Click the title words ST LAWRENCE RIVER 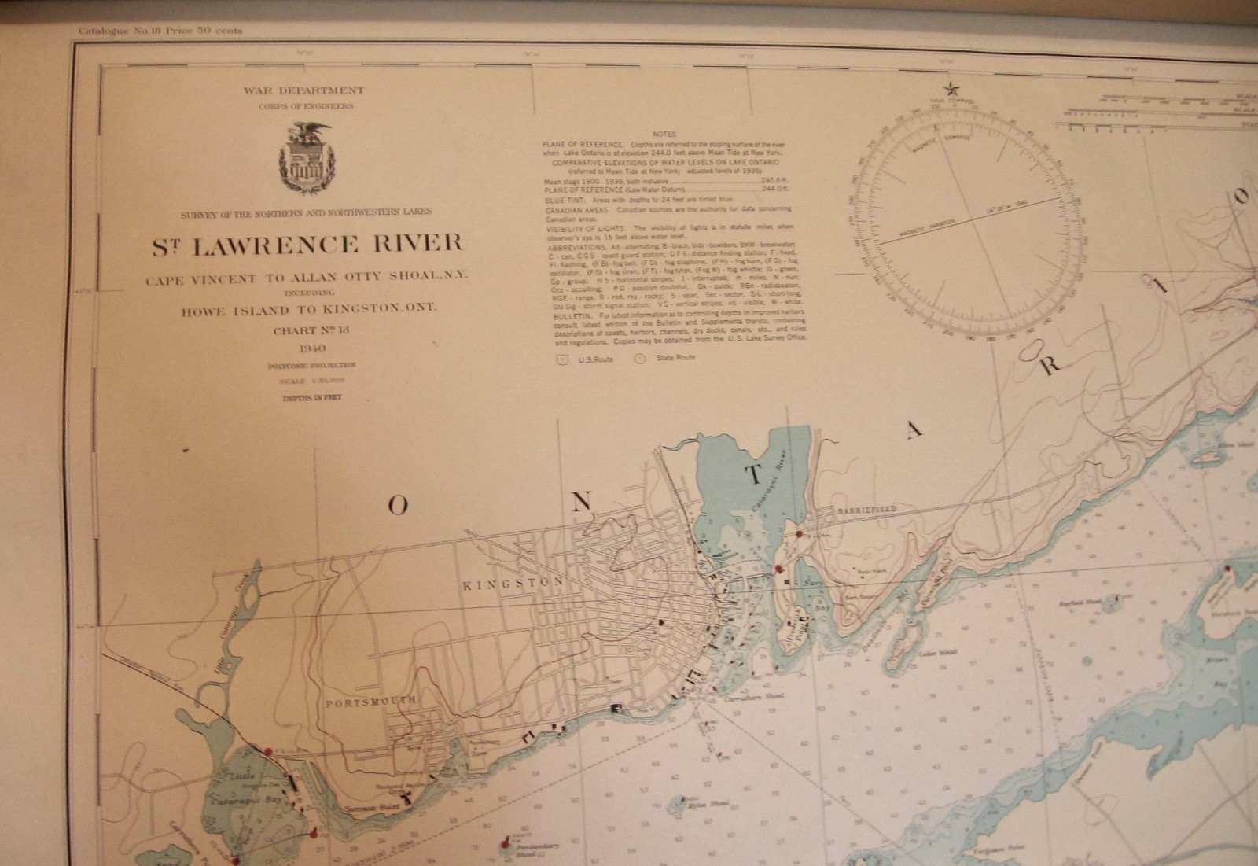pos(307,244)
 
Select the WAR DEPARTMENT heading pos(303,91)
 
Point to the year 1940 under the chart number pos(307,348)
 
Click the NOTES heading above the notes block pos(664,135)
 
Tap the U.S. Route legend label pos(595,359)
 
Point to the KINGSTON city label pos(513,583)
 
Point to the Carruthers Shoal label pos(740,698)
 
